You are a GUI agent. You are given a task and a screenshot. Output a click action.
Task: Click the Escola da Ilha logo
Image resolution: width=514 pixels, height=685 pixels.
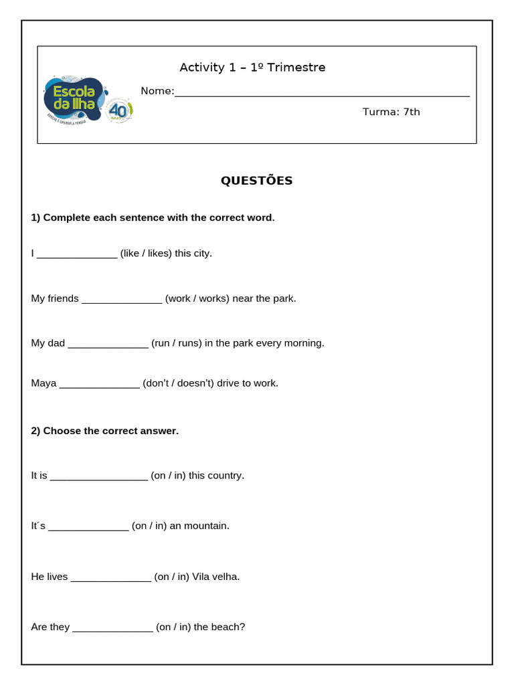coord(87,99)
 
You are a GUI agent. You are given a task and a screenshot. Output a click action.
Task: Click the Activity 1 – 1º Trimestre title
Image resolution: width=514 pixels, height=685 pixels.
coord(252,68)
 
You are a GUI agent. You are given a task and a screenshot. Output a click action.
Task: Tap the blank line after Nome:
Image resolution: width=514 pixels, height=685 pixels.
coord(322,94)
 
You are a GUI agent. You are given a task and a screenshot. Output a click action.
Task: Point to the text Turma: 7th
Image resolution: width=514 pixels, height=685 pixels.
coord(391,112)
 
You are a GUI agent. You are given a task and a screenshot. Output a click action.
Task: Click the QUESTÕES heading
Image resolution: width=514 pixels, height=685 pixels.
coord(257,181)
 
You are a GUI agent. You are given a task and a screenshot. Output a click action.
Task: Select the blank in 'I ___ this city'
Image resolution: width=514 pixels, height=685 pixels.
coord(77,254)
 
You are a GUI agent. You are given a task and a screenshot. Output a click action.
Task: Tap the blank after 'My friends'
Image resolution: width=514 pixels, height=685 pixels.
coord(122,299)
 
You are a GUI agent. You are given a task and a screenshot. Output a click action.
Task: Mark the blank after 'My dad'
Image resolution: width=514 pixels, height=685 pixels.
coord(108,344)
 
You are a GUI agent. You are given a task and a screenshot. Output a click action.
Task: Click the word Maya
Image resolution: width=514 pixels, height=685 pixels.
coord(44,383)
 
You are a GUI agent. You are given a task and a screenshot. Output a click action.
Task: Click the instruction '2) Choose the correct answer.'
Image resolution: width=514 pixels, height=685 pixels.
coord(105,431)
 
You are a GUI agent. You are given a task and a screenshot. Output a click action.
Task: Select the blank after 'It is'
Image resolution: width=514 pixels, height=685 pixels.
coord(98,476)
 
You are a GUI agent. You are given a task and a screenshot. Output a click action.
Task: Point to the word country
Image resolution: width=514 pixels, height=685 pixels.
coord(226,476)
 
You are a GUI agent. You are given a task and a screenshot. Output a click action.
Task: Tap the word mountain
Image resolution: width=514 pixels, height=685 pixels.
coord(207,526)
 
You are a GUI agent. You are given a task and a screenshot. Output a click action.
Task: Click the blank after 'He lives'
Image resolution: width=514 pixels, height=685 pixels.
coord(110,577)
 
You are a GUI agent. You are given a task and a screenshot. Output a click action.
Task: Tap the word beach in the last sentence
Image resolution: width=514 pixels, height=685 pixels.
coord(228,627)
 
